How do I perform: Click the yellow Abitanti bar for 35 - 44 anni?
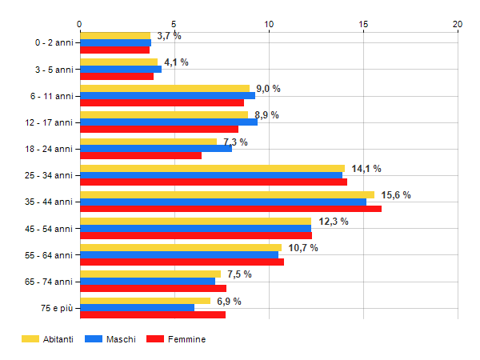(x=226, y=194)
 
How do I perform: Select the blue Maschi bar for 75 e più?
(x=137, y=308)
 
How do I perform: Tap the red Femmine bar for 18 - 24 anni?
(x=140, y=155)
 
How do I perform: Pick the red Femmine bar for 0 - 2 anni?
(x=114, y=50)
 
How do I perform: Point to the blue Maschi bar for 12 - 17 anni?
(x=168, y=122)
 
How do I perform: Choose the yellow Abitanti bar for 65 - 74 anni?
(x=150, y=274)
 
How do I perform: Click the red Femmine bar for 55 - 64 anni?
(x=182, y=262)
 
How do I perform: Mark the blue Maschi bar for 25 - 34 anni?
(x=210, y=175)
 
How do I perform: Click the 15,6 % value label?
(x=396, y=195)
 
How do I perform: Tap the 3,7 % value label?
(x=169, y=36)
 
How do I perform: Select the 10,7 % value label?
(x=303, y=248)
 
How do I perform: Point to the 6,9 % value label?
(x=229, y=301)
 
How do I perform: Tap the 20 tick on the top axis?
(x=458, y=24)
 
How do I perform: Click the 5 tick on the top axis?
(x=174, y=24)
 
